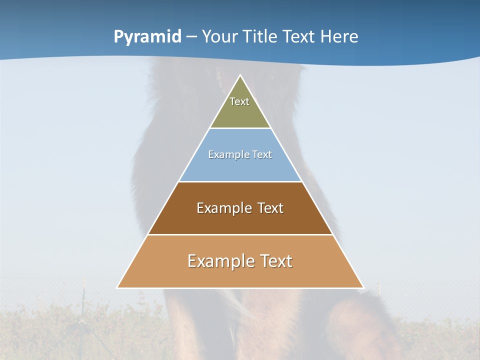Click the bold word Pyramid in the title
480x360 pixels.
pos(147,36)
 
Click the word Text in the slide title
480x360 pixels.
pos(299,36)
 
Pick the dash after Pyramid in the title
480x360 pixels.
pos(191,37)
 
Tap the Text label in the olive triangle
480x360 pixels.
pos(239,101)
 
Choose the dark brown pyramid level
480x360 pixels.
pos(240,220)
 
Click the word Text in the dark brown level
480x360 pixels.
pos(270,208)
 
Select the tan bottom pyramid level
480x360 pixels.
pos(240,275)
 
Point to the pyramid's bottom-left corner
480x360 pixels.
pos(117,287)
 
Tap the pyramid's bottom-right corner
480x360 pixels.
pos(363,287)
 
